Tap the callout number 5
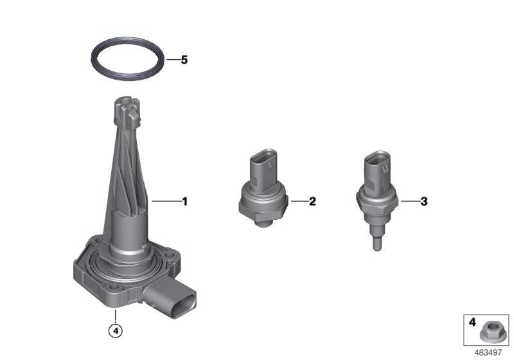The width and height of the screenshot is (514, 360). tap(184, 60)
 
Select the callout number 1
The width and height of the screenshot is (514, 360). tap(185, 201)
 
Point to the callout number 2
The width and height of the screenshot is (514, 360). tap(312, 201)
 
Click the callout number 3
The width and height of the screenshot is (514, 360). tap(424, 201)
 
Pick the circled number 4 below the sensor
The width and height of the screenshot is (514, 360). tap(116, 330)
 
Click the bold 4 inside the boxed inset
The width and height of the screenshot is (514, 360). tap(472, 322)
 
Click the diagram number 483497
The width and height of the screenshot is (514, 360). tap(488, 353)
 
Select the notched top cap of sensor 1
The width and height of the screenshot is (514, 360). tap(127, 111)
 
